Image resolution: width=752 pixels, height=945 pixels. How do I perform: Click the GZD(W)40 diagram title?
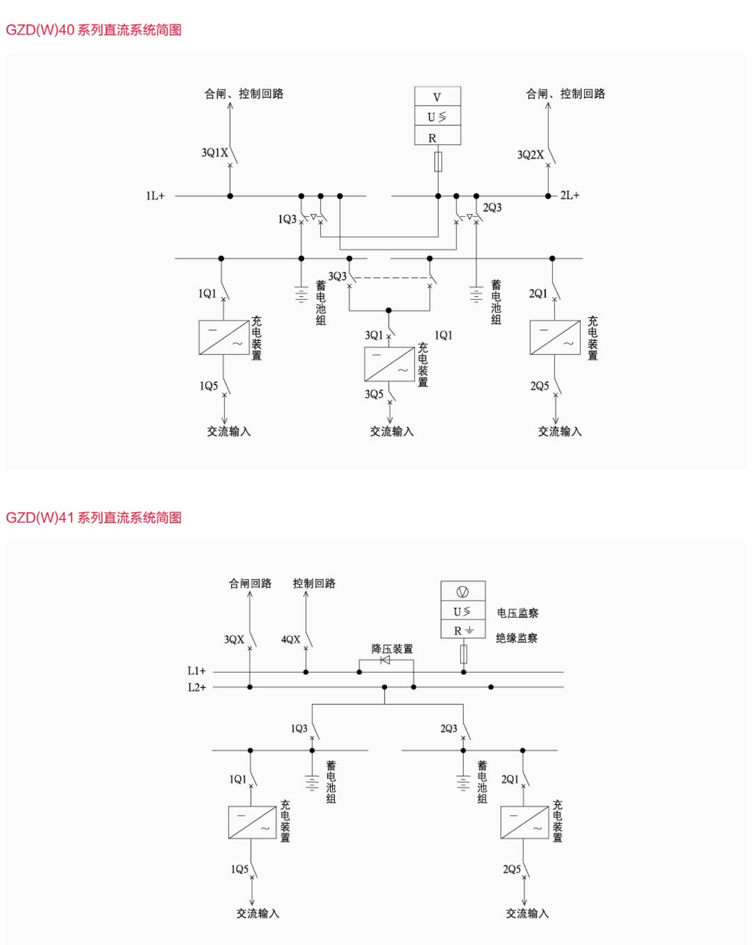coord(93,30)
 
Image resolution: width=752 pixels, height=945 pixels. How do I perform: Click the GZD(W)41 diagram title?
coord(93,517)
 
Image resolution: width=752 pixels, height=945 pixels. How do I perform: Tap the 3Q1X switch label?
coord(215,153)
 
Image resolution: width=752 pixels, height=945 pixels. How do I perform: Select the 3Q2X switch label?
coord(530,155)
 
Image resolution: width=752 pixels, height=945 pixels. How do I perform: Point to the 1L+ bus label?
coord(155,196)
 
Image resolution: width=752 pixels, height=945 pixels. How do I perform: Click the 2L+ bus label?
coord(570,195)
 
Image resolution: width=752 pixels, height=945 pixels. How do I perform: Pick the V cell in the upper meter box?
coord(437,97)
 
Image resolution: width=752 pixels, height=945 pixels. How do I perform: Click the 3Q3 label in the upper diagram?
coord(337,276)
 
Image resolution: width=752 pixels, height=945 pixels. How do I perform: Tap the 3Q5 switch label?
coord(374,394)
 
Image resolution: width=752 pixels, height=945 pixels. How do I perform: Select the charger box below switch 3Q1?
coord(389,364)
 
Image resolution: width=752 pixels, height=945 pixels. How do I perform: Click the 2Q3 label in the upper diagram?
coord(492,208)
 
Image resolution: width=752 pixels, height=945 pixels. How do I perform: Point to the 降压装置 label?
coord(392,649)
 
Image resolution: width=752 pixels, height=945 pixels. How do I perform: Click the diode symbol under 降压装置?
coord(385,660)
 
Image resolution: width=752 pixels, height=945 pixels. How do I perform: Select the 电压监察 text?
coord(517,613)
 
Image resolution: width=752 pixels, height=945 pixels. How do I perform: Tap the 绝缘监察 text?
coord(516,638)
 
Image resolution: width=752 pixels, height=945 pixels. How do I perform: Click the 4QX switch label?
coord(290,639)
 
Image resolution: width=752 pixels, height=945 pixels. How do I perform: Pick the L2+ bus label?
coord(197,687)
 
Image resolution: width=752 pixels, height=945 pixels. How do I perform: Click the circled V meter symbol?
coord(463,592)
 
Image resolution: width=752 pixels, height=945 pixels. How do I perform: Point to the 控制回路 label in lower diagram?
coord(314,583)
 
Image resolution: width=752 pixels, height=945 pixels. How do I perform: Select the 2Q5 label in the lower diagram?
coord(512,869)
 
